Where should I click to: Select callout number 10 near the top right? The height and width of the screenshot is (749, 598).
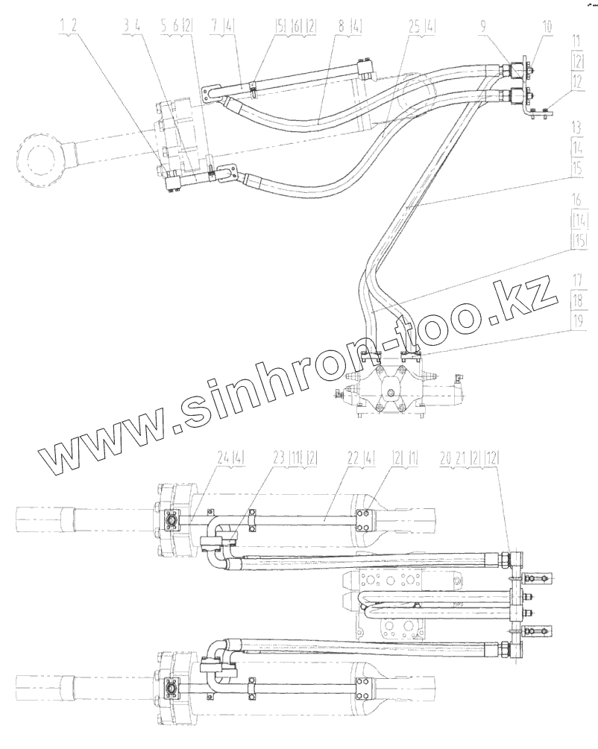click(x=547, y=26)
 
